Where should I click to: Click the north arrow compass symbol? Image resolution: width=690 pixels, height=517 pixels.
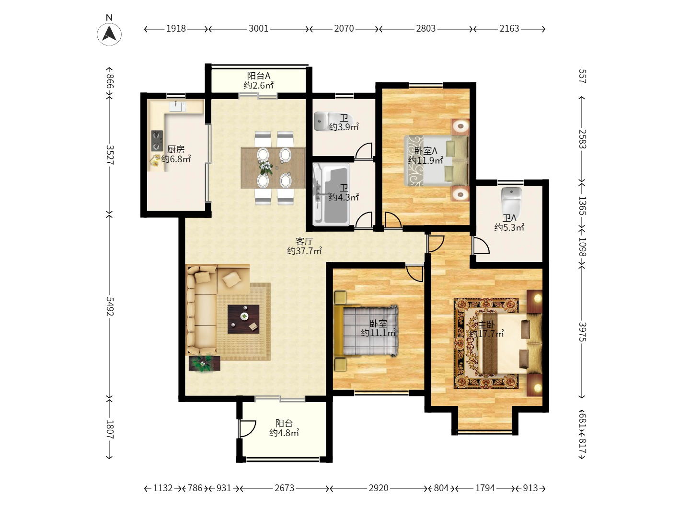(x=109, y=34)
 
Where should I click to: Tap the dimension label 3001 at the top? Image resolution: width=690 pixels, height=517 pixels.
(x=258, y=29)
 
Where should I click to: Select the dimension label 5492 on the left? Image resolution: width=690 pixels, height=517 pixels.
(x=109, y=306)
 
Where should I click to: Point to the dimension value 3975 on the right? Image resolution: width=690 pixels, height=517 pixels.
(x=582, y=332)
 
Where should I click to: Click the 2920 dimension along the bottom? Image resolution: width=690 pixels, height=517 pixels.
(x=379, y=488)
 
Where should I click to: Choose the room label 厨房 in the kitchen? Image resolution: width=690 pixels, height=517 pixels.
(x=176, y=149)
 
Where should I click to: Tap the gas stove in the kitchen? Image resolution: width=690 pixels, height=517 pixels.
(x=157, y=141)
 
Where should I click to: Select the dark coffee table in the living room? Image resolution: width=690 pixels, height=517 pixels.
(x=243, y=319)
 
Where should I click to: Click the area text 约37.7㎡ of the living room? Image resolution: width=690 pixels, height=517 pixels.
(x=304, y=251)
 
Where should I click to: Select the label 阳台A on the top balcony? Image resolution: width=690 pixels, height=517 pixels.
(x=258, y=75)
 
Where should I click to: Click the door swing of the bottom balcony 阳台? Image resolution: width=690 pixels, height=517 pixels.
(x=247, y=428)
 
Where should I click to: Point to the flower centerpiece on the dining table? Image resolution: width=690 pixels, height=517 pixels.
(x=265, y=168)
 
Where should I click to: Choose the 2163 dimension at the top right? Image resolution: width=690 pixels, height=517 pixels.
(x=509, y=29)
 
